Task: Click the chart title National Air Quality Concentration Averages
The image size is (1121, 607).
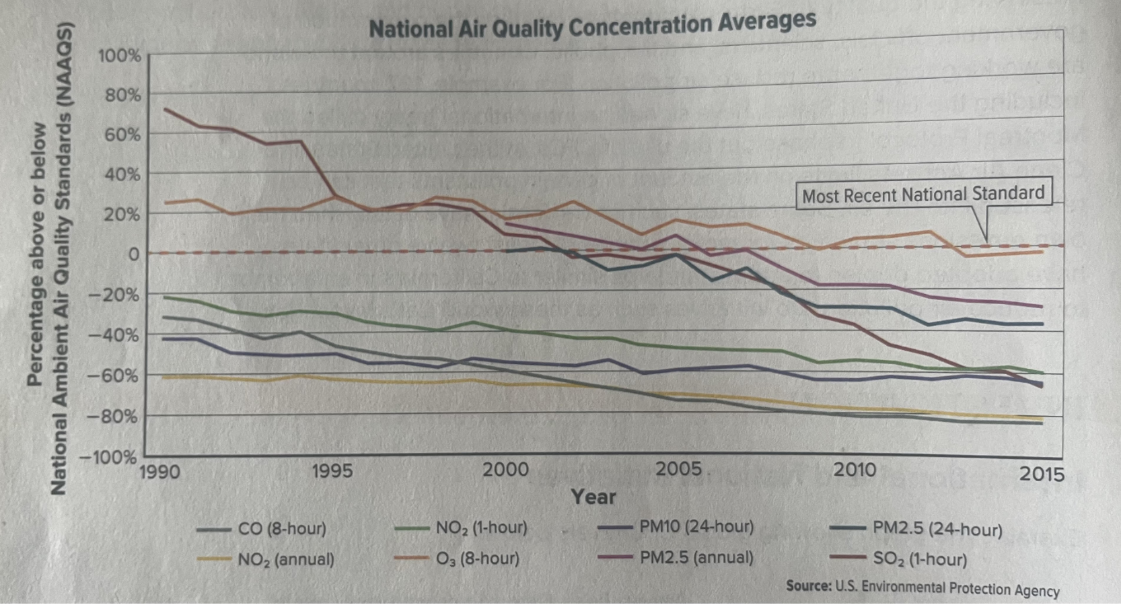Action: click(592, 26)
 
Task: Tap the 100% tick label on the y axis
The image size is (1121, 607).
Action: click(120, 56)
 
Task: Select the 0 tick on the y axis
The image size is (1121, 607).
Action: click(133, 254)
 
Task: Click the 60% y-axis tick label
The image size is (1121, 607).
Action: click(122, 135)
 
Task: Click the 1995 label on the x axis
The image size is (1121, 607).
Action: click(332, 470)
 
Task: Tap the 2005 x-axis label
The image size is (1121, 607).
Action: click(678, 468)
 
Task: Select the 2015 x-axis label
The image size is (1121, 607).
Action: click(1041, 474)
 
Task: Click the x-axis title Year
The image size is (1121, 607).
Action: click(593, 497)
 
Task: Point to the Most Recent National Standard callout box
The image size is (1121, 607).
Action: click(923, 195)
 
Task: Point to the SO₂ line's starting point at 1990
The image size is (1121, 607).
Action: click(166, 109)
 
